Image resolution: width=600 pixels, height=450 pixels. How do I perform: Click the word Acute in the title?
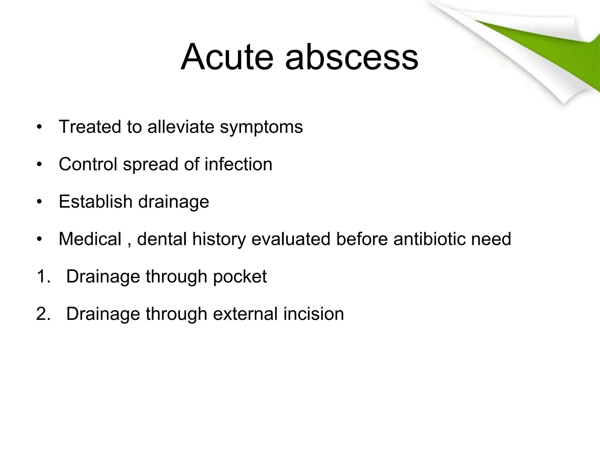coord(226,57)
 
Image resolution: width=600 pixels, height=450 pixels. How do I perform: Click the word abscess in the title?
coord(352,57)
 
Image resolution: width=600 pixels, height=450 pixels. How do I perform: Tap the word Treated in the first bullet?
coord(90,127)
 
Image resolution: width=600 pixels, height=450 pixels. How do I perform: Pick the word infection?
coord(238,164)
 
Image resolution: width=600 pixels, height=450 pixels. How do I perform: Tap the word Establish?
coord(96,202)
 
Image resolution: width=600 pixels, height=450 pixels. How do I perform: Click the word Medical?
coord(90,239)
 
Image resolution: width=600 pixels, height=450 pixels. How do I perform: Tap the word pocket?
coord(240,277)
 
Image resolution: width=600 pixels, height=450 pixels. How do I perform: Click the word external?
coord(245,314)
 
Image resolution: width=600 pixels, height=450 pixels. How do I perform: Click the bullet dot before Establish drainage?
coord(40,202)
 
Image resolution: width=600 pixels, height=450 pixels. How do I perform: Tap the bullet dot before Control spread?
coord(40,165)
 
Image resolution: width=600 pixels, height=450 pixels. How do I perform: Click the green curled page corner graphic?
coord(542,50)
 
